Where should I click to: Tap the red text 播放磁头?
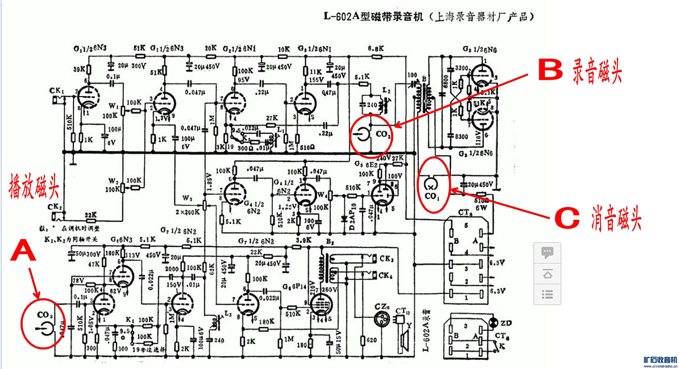coord(34,186)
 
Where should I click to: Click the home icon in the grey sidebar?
coord(547,274)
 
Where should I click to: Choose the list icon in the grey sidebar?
coord(547,294)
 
